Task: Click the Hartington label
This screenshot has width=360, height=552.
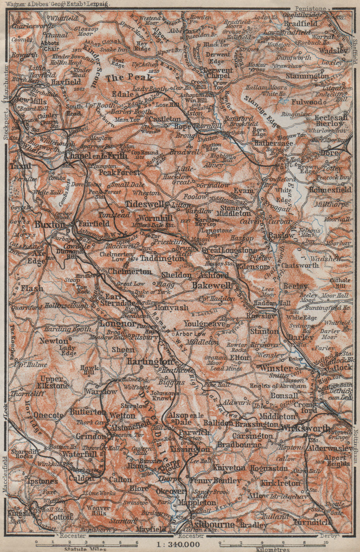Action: pos(149,361)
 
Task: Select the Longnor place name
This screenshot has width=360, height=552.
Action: pos(114,324)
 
